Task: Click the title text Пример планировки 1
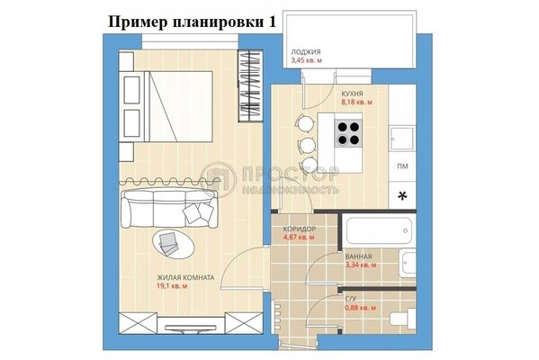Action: (x=192, y=22)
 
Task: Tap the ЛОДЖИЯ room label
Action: (x=306, y=52)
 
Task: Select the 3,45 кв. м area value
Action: (x=307, y=60)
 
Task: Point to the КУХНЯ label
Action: (x=352, y=94)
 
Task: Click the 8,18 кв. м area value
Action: (x=356, y=102)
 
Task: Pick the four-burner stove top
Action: (x=348, y=133)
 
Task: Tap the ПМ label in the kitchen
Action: (x=402, y=166)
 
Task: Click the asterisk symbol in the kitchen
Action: (x=402, y=196)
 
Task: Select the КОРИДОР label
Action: (x=299, y=229)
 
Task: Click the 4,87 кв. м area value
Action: (x=299, y=238)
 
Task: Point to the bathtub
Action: (x=379, y=230)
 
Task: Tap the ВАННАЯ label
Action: (x=358, y=256)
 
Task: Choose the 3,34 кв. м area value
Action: (x=360, y=265)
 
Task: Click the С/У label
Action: (x=351, y=299)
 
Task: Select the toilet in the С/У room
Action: (x=403, y=317)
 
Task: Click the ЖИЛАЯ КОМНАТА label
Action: (x=185, y=277)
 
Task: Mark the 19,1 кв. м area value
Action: (x=172, y=286)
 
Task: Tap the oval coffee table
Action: (x=174, y=243)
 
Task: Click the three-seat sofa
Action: (x=169, y=208)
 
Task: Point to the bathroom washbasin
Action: (x=408, y=263)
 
